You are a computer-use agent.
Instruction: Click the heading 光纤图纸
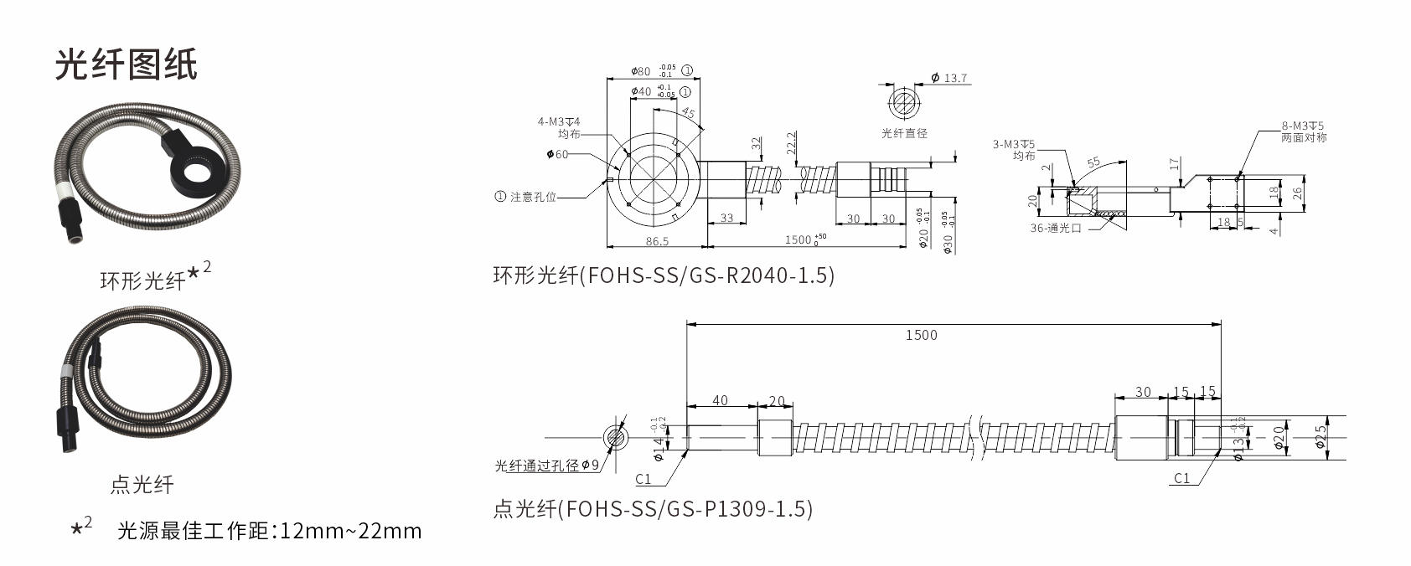pyautogui.click(x=126, y=64)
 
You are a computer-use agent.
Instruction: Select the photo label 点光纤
pyautogui.click(x=142, y=483)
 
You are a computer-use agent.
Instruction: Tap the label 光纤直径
pyautogui.click(x=904, y=132)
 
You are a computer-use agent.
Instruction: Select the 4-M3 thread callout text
pyautogui.click(x=559, y=122)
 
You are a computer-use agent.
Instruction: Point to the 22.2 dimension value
pyautogui.click(x=791, y=144)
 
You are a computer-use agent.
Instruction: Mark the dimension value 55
pyautogui.click(x=1093, y=162)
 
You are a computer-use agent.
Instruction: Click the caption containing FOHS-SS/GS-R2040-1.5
pyautogui.click(x=664, y=275)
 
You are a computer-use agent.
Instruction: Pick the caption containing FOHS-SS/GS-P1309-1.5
pyautogui.click(x=653, y=508)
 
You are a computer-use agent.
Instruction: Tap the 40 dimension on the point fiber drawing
pyautogui.click(x=720, y=401)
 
